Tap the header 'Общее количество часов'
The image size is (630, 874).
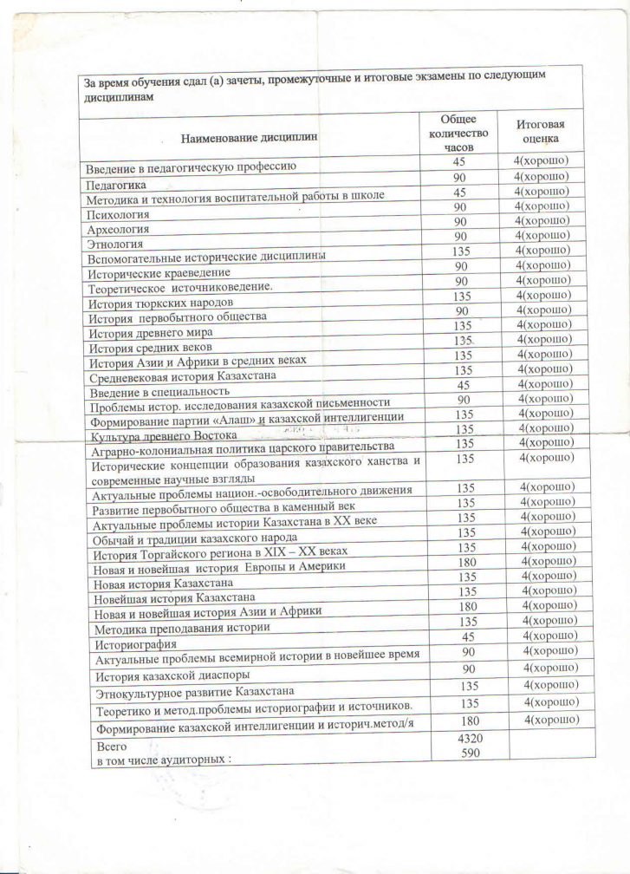point(459,133)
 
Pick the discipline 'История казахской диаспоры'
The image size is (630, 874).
point(172,675)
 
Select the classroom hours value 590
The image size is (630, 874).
point(466,753)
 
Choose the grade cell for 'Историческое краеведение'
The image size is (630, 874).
point(542,266)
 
